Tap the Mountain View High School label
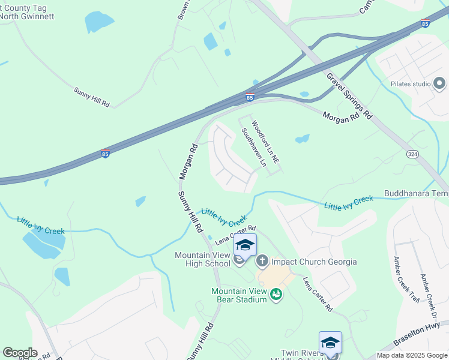[x=202, y=259]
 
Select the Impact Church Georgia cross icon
[x=262, y=261]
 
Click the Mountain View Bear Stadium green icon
[x=276, y=294]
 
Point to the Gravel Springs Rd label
[x=349, y=96]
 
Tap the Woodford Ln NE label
[x=265, y=143]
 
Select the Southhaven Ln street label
[x=253, y=147]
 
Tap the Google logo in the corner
[x=20, y=353]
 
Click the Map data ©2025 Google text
[x=412, y=355]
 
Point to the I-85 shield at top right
[x=425, y=23]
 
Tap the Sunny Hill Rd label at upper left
[x=92, y=97]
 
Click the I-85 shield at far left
[x=105, y=154]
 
